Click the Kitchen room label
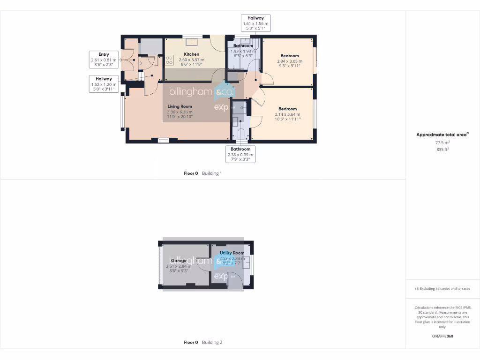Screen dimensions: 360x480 pos(191,54)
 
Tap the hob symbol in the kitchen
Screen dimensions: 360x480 pos(170,60)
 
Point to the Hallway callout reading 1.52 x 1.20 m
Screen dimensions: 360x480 pos(104,84)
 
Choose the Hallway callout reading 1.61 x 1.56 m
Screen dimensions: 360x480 pos(255,23)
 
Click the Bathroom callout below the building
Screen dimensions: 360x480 pos(240,154)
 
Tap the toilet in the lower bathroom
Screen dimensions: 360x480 pos(241,135)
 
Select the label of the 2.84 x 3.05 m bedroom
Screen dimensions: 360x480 pos(289,56)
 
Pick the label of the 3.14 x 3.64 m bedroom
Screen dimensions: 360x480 pos(287,109)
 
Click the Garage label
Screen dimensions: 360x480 pos(178,261)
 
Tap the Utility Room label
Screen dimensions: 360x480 pos(232,253)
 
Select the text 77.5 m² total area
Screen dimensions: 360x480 pos(442,143)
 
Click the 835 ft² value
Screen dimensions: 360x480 pos(442,150)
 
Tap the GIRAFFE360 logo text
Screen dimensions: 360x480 pos(442,336)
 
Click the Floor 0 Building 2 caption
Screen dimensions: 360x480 pos(202,342)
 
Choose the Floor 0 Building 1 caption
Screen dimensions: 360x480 pos(202,173)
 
